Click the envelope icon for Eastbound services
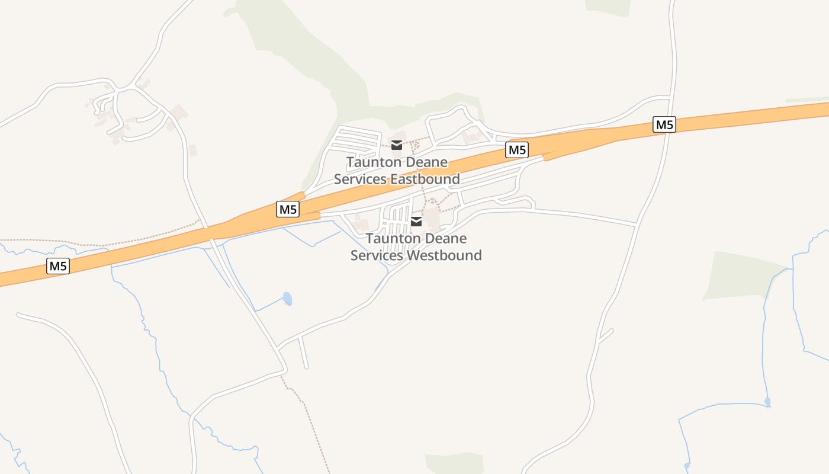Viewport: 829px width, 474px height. [x=397, y=145]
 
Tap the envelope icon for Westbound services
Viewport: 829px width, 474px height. [x=416, y=222]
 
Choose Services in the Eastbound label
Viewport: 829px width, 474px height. [x=359, y=179]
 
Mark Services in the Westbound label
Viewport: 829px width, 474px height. [x=377, y=255]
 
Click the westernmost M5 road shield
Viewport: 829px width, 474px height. [x=58, y=266]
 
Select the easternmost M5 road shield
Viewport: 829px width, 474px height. [x=664, y=124]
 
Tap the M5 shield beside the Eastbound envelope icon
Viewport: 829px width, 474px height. [x=517, y=150]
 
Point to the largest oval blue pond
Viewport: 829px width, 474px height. [x=287, y=299]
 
